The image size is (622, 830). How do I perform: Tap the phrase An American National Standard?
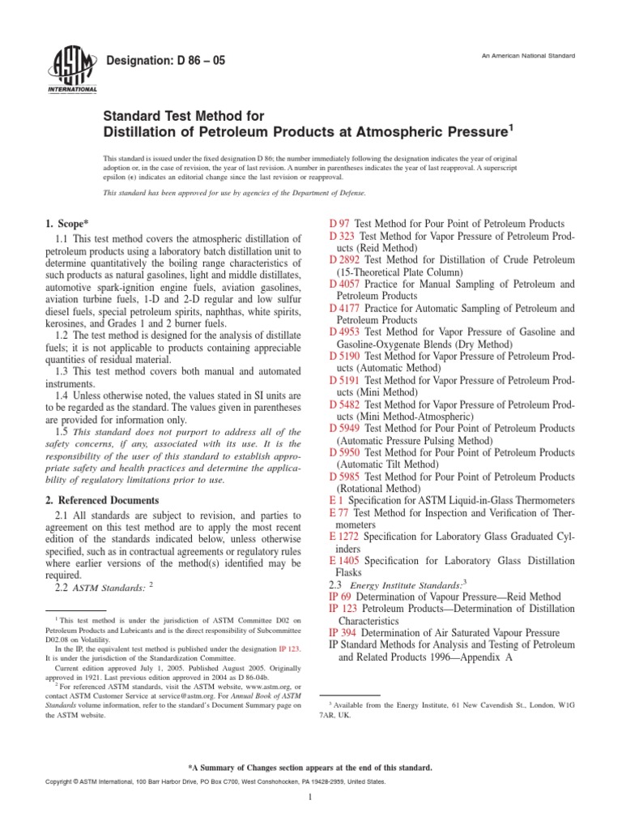coord(528,55)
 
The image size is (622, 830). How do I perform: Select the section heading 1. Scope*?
coord(68,223)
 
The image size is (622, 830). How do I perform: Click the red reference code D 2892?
coord(347,260)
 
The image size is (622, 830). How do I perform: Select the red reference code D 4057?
coord(347,285)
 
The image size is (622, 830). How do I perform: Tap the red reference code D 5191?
coord(347,381)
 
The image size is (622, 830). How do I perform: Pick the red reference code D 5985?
coord(347,477)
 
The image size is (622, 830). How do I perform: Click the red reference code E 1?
coord(336,501)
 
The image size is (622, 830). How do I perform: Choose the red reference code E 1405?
coord(344,560)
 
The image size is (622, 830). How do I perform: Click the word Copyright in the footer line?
coord(66,782)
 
